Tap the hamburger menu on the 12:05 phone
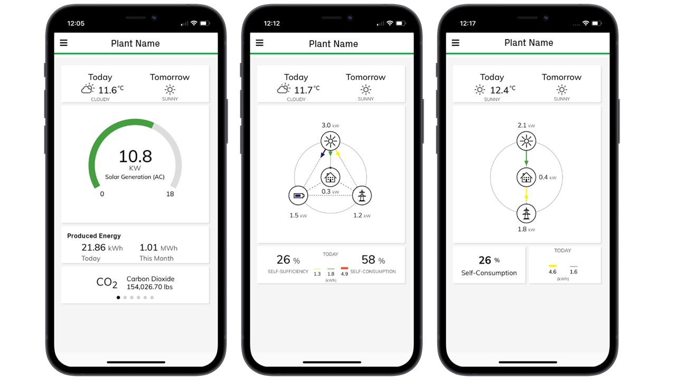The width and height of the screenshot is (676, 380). (64, 43)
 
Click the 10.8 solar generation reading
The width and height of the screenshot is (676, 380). (135, 156)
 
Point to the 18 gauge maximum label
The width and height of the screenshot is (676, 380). (170, 194)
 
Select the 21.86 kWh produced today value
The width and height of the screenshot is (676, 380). (101, 248)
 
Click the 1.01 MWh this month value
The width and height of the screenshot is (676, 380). (158, 248)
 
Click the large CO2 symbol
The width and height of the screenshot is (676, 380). (107, 283)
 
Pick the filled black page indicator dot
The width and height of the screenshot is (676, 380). (118, 298)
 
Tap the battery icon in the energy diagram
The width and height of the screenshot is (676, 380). (298, 196)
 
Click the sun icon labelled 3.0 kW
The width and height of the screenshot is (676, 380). (331, 141)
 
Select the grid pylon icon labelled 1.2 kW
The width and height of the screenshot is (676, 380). (362, 196)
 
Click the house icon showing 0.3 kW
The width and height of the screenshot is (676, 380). (331, 177)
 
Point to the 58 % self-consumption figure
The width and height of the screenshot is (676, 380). (372, 260)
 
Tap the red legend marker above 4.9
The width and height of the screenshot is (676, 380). (344, 269)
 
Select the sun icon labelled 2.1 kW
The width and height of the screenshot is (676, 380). (526, 141)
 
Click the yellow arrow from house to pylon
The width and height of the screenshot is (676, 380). (526, 195)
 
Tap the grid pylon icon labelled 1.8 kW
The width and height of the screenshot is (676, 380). (526, 214)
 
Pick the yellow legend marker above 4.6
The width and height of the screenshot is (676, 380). (552, 266)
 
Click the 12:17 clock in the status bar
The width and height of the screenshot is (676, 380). (468, 24)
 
